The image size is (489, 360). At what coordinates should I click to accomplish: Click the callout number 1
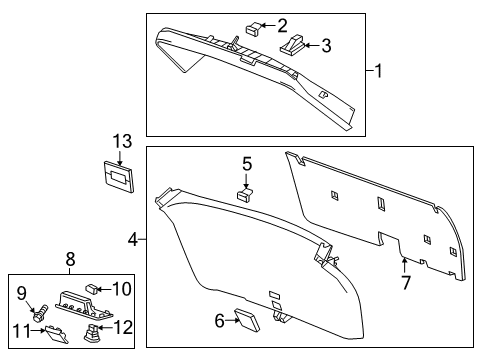380,70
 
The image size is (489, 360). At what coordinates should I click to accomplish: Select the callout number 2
282,24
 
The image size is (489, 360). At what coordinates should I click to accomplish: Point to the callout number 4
132,239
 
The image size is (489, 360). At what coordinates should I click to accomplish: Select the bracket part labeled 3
296,44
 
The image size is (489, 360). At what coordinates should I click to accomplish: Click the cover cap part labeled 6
246,319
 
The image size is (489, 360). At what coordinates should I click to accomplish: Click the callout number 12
123,327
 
